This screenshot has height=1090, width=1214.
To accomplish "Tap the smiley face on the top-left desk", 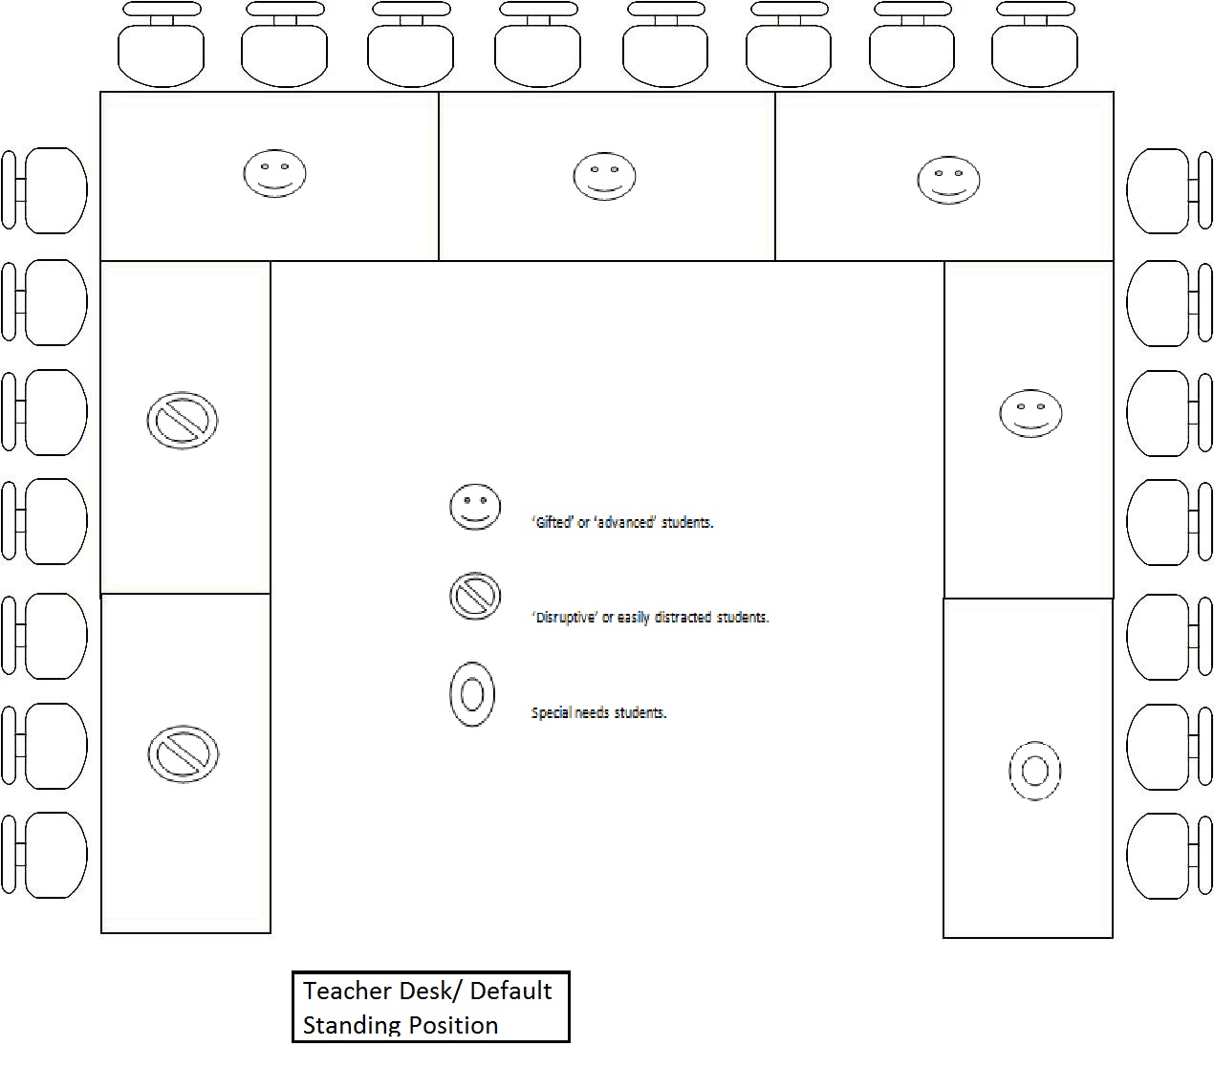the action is point(275,173).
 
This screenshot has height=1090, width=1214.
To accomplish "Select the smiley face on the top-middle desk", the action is point(604,176).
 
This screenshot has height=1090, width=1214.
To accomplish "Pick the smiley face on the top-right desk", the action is point(948,181).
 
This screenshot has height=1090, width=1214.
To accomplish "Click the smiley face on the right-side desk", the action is point(1030,413).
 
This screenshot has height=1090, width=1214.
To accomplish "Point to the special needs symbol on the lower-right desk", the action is point(1035,771).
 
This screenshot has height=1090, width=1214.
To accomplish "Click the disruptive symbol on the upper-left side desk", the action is point(183,421).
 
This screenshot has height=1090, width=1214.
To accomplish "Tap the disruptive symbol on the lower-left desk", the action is point(184,754).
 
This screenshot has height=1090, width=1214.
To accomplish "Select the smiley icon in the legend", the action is point(475,507).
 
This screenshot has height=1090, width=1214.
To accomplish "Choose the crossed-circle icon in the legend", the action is point(475,596).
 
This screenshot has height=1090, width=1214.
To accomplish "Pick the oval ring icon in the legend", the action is point(472,694).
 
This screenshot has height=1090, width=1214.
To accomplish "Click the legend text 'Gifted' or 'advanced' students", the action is point(622,522).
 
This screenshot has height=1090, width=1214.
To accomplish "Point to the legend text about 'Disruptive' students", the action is point(650,617).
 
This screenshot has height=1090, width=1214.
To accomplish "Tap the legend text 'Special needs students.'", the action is point(598,712).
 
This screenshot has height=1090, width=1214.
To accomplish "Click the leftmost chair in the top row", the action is point(162,44).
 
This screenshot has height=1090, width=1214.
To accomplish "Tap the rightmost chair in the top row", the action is point(1035,44).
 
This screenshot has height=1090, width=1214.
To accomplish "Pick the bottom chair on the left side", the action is point(44,855).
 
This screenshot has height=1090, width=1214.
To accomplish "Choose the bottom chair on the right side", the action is point(1169,856).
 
